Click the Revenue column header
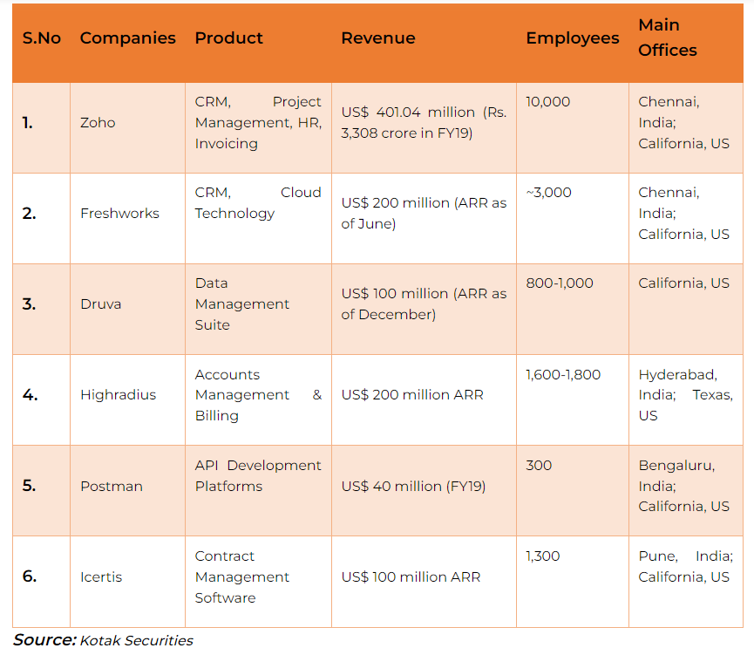[x=377, y=38]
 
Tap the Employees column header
[x=572, y=38]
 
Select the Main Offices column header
[x=667, y=38]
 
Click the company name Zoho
[x=98, y=123]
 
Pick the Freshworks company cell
[x=119, y=214]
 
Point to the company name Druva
[x=100, y=304]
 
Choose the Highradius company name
[x=118, y=395]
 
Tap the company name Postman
[x=111, y=486]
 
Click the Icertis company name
[x=101, y=576]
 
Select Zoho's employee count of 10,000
[x=547, y=102]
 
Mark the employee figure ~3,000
[x=548, y=193]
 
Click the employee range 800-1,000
[x=559, y=283]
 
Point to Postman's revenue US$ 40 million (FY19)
[x=413, y=486]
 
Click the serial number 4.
[x=30, y=395]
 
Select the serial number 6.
[x=30, y=576]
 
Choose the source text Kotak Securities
[x=136, y=640]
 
